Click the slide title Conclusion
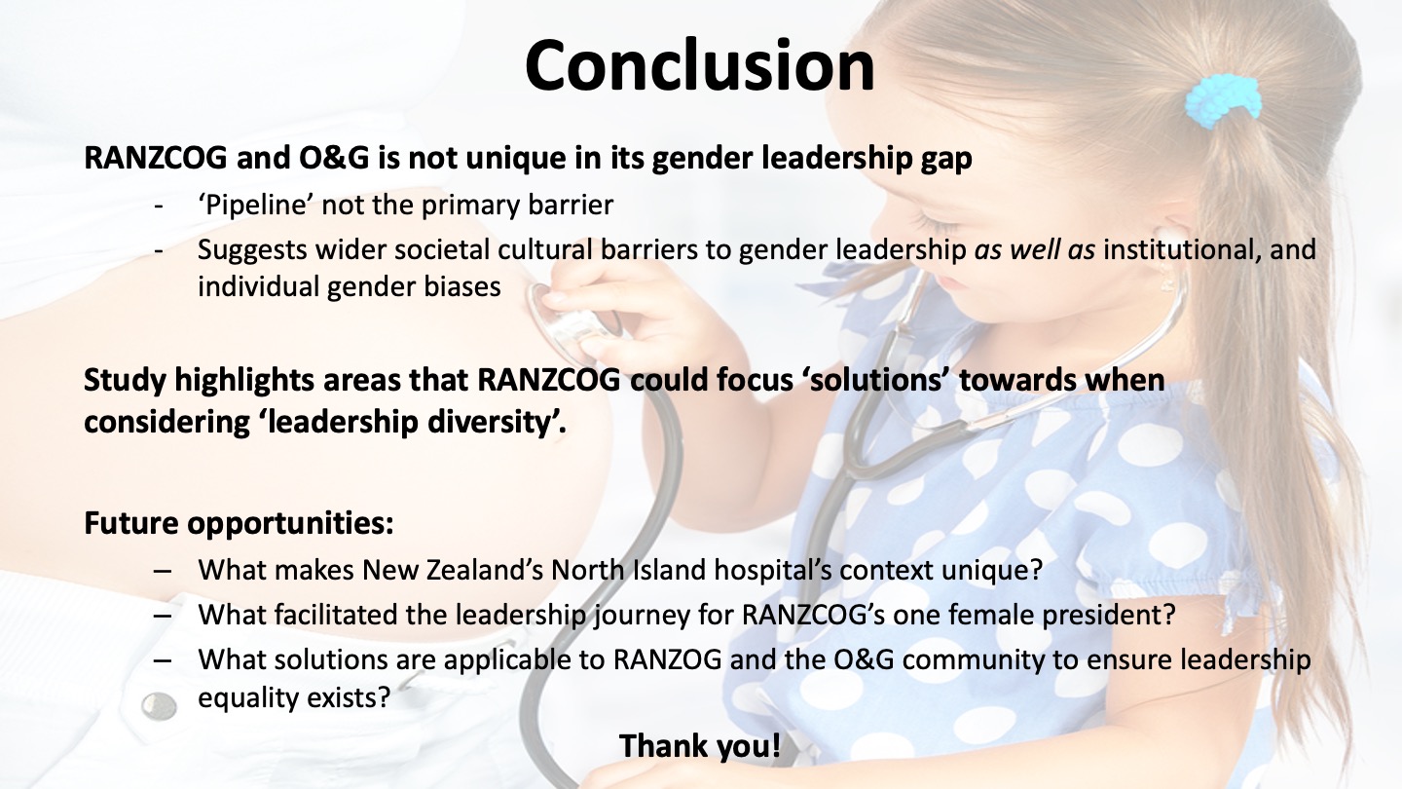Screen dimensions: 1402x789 [x=700, y=66]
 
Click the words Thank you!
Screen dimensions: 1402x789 [x=700, y=746]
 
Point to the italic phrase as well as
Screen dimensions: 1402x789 [x=1035, y=249]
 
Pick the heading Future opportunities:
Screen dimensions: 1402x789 [x=240, y=523]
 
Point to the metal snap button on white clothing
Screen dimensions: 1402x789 [x=159, y=706]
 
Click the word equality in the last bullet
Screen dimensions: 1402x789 [x=246, y=697]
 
